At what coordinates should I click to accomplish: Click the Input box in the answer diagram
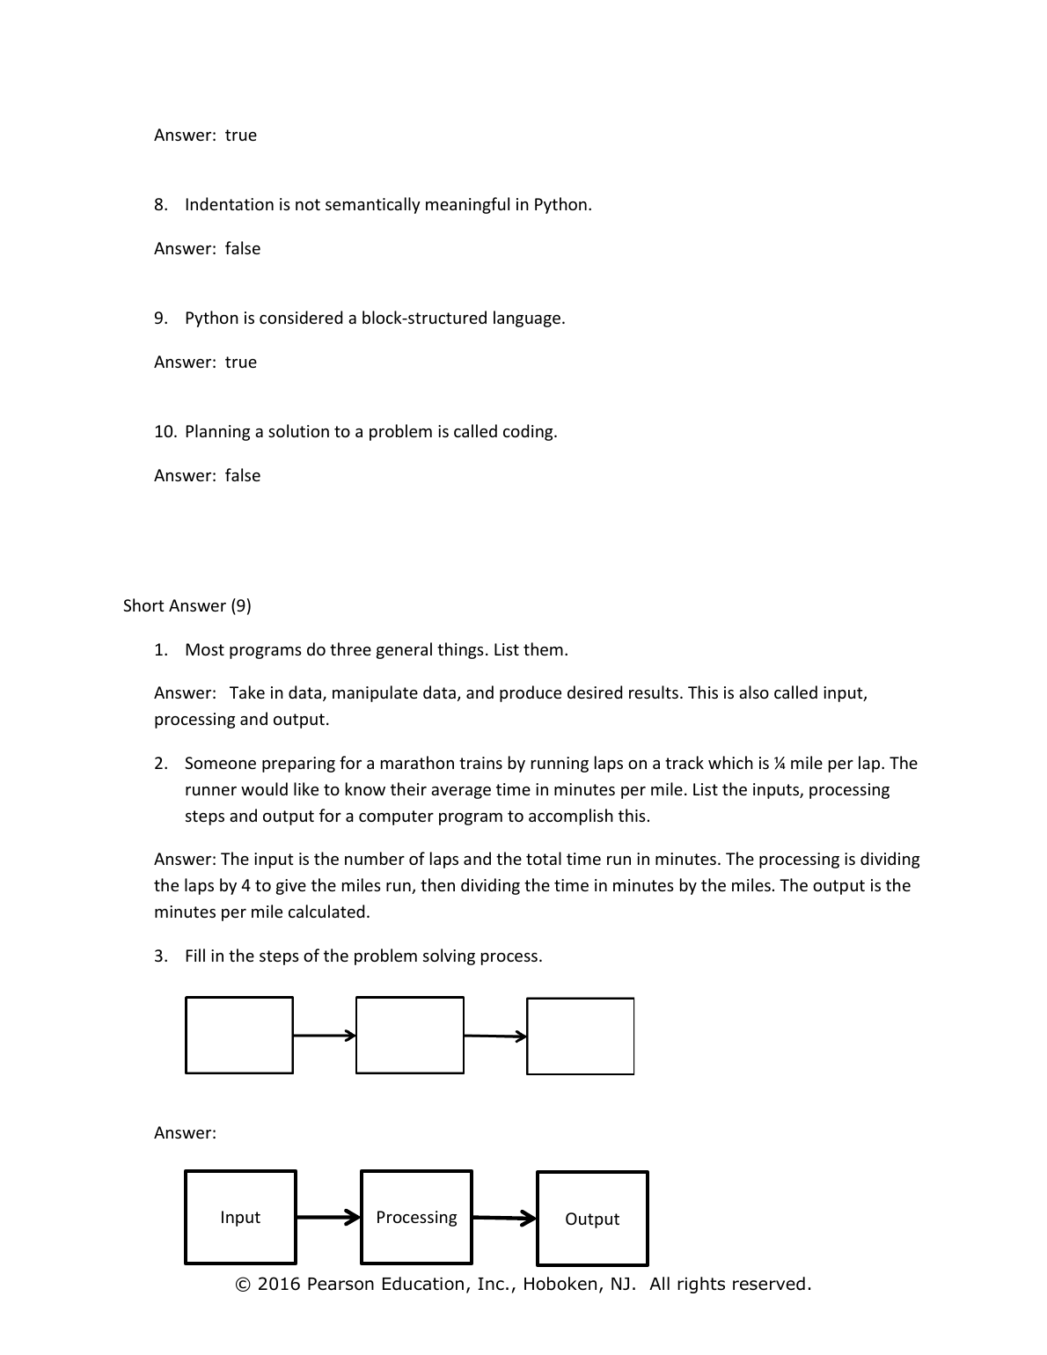pyautogui.click(x=240, y=1218)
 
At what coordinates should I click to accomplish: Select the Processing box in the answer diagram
pyautogui.click(x=416, y=1218)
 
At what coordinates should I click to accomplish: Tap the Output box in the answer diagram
pyautogui.click(x=592, y=1219)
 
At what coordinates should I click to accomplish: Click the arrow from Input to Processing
pyautogui.click(x=328, y=1218)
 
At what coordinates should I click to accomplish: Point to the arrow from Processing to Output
pyautogui.click(x=504, y=1219)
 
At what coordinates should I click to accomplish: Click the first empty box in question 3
pyautogui.click(x=239, y=1035)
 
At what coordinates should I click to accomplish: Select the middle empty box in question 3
pyautogui.click(x=410, y=1035)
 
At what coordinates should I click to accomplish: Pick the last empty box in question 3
pyautogui.click(x=581, y=1036)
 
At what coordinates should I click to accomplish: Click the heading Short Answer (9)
pyautogui.click(x=187, y=605)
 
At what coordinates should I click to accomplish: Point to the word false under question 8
pyautogui.click(x=243, y=249)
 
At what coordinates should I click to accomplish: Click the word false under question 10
pyautogui.click(x=243, y=476)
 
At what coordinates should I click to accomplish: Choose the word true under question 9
pyautogui.click(x=241, y=363)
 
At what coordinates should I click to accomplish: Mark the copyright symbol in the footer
pyautogui.click(x=243, y=1285)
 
